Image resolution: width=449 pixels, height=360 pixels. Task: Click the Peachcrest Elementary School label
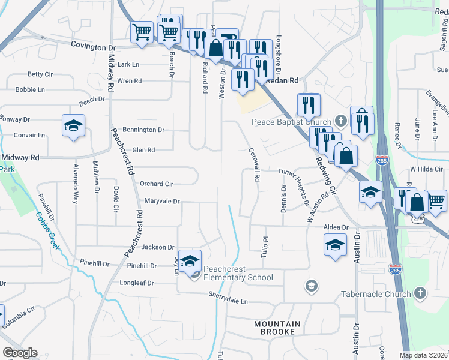(x=237, y=273)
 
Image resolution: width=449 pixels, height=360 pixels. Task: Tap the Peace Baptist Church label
(x=291, y=122)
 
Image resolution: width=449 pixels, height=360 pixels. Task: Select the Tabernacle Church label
(x=376, y=294)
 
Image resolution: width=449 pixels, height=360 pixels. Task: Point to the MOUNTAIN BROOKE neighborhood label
(x=274, y=328)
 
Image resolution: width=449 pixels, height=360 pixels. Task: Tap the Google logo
(x=20, y=353)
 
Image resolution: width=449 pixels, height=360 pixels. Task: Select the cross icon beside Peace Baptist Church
(x=340, y=121)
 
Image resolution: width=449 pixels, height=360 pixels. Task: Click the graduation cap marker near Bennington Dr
(x=73, y=126)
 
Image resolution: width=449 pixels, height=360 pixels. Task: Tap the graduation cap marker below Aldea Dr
(x=335, y=245)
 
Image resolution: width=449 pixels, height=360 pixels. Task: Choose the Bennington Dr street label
(x=143, y=130)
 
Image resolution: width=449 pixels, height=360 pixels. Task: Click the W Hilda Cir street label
(x=429, y=169)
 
